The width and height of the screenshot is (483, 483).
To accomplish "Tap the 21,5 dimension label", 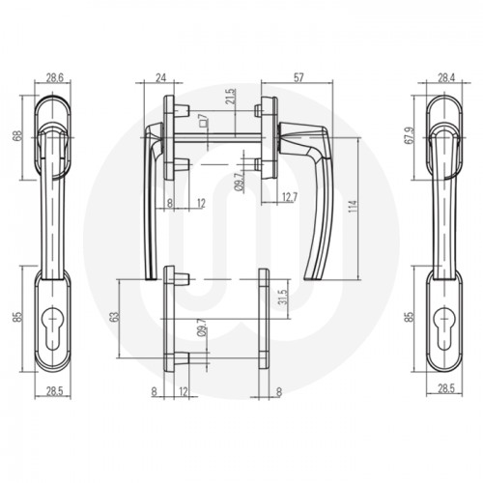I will point(231,101).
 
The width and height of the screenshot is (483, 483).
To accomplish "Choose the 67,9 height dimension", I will point(411,135).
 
